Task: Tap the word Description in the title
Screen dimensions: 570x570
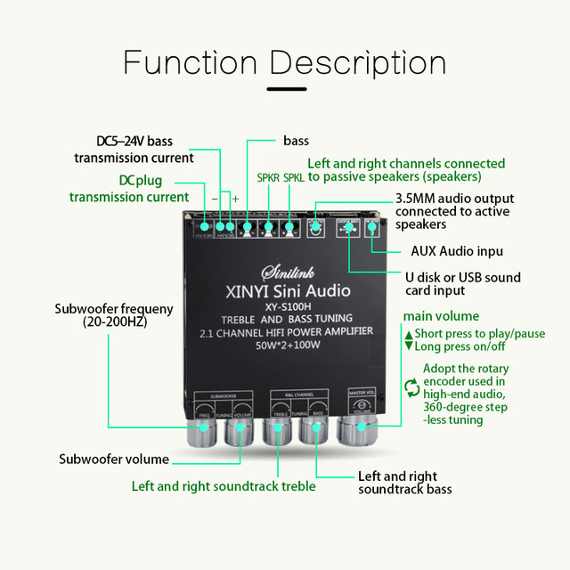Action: click(x=358, y=64)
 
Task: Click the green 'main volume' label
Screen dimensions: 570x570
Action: click(x=441, y=316)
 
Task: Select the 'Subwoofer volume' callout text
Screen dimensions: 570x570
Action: click(x=114, y=460)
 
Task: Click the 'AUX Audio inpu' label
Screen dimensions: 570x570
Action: click(x=456, y=251)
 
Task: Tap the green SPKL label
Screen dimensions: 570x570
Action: click(x=294, y=178)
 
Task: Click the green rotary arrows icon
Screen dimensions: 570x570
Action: click(x=411, y=387)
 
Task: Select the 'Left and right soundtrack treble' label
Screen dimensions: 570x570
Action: click(x=224, y=486)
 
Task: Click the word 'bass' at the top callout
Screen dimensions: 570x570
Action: click(x=296, y=141)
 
